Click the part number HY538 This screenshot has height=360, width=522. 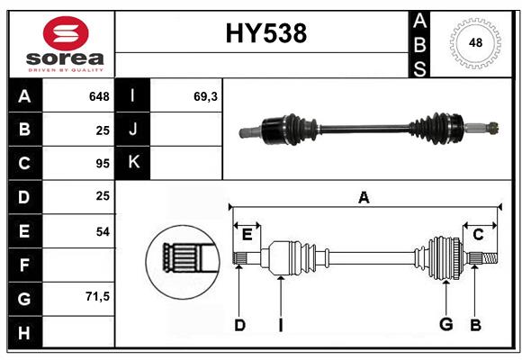coord(266,33)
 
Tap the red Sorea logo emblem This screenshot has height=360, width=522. coord(66,33)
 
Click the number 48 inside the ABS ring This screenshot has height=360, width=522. coord(475,42)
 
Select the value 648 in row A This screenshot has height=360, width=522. coord(99,96)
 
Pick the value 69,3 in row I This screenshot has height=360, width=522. coord(205,96)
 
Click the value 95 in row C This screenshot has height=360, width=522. coord(103,164)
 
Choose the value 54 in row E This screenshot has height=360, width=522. coord(103,231)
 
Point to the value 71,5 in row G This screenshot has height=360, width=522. coord(97,296)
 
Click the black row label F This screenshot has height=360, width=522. coord(25,265)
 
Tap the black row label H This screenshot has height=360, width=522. coord(25,332)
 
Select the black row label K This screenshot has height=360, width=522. coord(133,163)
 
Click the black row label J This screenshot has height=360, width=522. coord(133,129)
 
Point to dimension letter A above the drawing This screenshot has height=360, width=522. coord(364,197)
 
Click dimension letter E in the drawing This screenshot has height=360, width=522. coord(247,235)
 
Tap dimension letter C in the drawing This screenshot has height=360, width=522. coord(478,235)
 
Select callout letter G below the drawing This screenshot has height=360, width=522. coord(446,324)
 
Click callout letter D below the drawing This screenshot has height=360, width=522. coord(239,325)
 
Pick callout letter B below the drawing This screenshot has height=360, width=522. coord(476,325)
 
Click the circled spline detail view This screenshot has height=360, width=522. coord(183,262)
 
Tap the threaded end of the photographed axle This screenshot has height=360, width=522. coord(493,128)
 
